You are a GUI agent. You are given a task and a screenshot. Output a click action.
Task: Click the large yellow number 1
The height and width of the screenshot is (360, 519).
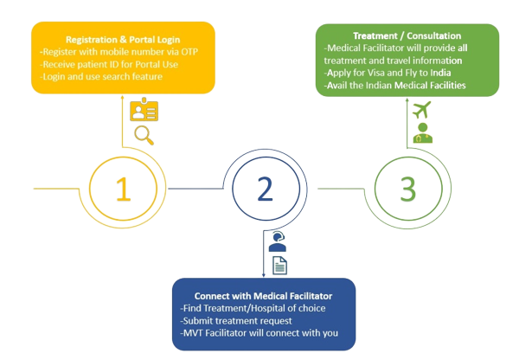pos(124,189)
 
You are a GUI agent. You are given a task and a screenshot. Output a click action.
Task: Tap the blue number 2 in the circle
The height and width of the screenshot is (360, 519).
pos(266,188)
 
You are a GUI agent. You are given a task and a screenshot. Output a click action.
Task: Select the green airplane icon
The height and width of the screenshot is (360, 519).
pos(421,111)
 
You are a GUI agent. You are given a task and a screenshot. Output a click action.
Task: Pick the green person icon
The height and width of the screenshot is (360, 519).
pos(422,133)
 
